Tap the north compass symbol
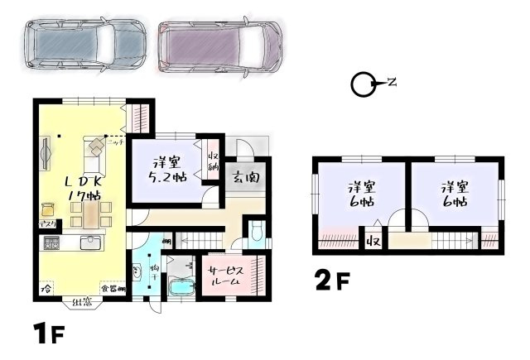(x=361, y=84)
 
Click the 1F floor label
(x=48, y=335)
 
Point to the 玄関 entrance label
(x=246, y=176)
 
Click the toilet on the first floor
(x=257, y=232)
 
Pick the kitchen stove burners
(x=51, y=244)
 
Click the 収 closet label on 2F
(x=373, y=242)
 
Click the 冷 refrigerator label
(x=46, y=289)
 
